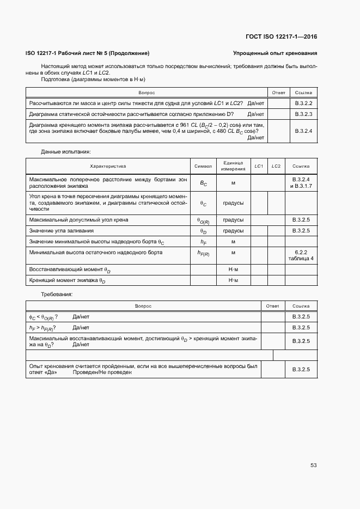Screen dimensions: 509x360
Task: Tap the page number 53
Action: [x=313, y=465]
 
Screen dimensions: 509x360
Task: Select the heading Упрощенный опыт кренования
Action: [x=275, y=53]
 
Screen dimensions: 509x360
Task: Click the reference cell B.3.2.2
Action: [x=303, y=103]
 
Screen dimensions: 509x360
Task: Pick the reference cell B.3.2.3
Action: [x=303, y=114]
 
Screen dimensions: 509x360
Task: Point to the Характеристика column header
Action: [x=108, y=166]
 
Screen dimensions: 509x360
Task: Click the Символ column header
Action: [x=203, y=166]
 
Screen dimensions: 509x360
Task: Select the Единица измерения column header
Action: [x=233, y=166]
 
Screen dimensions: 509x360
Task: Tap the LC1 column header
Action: [x=259, y=166]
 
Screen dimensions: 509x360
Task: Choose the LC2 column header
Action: [x=276, y=166]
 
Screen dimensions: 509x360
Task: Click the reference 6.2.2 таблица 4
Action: [x=301, y=255]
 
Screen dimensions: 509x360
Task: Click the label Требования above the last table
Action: [x=57, y=294]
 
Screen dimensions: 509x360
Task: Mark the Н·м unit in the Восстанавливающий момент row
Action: [x=233, y=269]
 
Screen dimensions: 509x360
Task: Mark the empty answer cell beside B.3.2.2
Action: [x=278, y=103]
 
